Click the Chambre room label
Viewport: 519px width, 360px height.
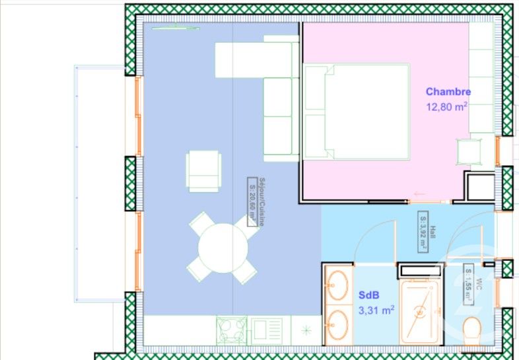coord(448,92)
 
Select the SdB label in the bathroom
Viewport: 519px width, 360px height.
coord(368,295)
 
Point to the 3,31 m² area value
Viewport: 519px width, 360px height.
coord(376,308)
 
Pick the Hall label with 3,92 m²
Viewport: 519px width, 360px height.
coord(423,231)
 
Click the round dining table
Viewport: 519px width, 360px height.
coord(223,248)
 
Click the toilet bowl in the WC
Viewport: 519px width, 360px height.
coord(473,329)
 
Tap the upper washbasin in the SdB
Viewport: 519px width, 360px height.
coord(339,286)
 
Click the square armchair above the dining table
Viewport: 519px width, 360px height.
coord(203,170)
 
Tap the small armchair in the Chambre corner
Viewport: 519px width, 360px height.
coord(469,152)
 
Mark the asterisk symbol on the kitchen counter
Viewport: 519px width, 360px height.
coord(306,328)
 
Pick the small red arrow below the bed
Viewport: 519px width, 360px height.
coord(417,194)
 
